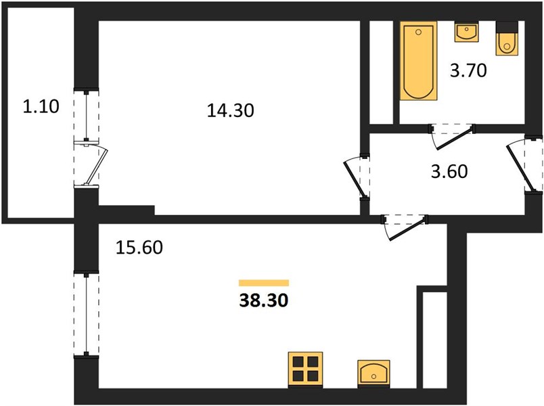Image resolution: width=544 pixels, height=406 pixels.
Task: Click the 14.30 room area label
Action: [x=230, y=111]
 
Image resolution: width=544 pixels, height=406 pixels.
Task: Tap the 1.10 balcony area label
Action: [x=41, y=106]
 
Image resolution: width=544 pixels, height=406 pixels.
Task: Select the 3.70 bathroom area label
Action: [x=468, y=70]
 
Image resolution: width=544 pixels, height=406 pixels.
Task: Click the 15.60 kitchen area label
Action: [x=139, y=248]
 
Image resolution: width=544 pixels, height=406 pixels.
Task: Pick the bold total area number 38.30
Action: [x=264, y=300]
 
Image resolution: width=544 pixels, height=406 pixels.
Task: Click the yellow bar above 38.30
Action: [x=264, y=283]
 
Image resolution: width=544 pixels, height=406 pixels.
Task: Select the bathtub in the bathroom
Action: [x=418, y=61]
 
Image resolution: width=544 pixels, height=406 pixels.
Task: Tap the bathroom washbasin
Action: [x=466, y=32]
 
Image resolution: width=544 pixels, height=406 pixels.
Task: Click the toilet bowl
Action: [x=507, y=44]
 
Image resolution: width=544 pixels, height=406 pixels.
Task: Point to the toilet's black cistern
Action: [x=507, y=27]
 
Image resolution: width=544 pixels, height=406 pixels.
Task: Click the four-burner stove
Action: [x=306, y=370]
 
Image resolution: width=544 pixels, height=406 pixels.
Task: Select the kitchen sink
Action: [x=373, y=374]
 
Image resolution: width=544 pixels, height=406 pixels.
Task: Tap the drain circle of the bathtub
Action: [x=418, y=32]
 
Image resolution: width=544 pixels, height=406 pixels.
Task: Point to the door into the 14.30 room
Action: [x=357, y=177]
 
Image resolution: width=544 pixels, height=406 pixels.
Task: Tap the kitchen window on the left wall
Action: [x=86, y=315]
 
